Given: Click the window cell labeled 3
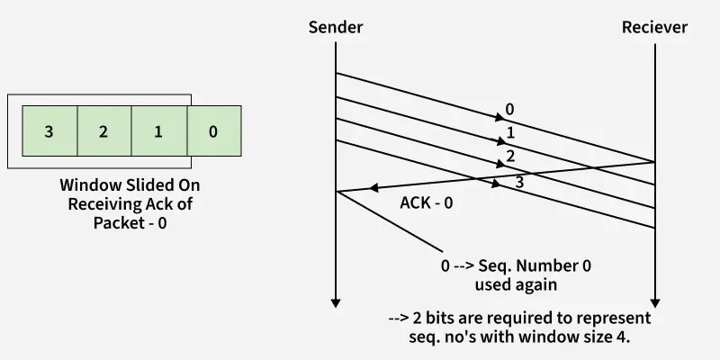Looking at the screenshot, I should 49,132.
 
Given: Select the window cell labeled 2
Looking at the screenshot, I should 103,132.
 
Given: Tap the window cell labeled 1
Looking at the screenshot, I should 158,132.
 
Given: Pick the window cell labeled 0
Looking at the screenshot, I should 213,132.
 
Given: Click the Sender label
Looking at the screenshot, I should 336,27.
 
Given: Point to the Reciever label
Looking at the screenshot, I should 654,27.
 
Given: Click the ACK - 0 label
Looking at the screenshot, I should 426,202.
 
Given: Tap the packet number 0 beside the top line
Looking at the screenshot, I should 509,110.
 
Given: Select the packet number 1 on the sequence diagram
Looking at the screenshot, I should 510,133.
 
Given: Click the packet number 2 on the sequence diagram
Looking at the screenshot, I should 510,157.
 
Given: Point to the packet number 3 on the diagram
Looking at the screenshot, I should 518,183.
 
